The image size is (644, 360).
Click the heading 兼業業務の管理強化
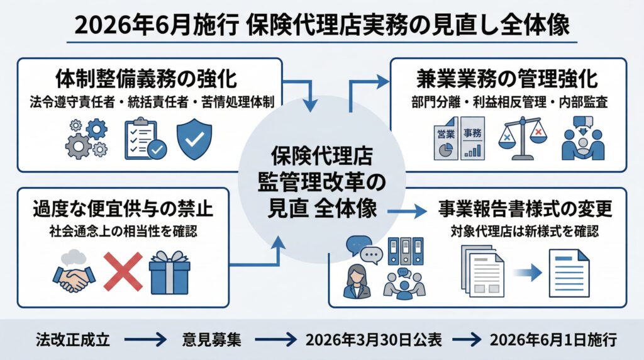click(507, 81)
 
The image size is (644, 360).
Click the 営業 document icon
click(448, 142)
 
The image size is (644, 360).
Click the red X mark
click(122, 272)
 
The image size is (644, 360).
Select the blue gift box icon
click(169, 271)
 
